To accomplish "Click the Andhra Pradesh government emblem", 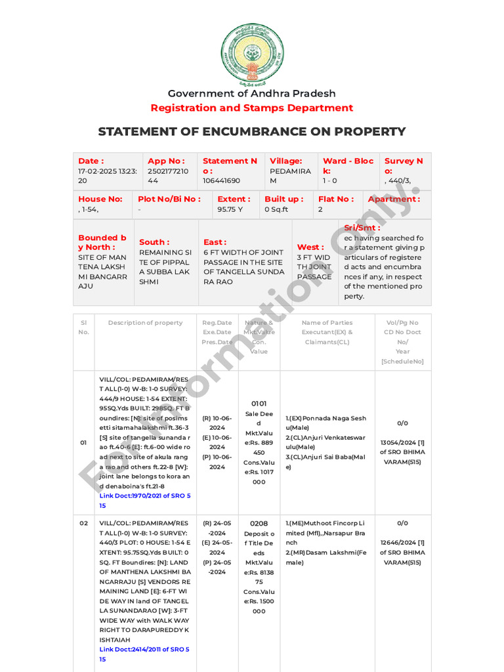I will [x=252, y=54].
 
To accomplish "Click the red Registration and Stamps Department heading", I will [x=252, y=108].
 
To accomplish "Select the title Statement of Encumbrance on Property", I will [x=252, y=131].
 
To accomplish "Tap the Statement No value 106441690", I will [x=221, y=180].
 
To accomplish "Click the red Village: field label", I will [x=286, y=161].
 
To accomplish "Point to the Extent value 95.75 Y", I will [x=230, y=209].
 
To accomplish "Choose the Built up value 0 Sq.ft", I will [x=276, y=209].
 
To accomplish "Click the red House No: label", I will [x=100, y=199].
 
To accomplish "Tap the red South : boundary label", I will [x=154, y=242].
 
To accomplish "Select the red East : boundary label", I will [x=215, y=242].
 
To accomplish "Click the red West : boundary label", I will [x=310, y=247].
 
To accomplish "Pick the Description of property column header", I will [x=145, y=323].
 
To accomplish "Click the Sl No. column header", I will [x=83, y=327].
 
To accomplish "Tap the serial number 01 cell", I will [x=83, y=442].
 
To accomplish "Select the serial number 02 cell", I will [x=83, y=523].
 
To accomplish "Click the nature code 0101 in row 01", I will [x=259, y=404].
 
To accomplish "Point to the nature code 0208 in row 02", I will [x=259, y=524].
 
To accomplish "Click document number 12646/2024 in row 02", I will [x=402, y=543].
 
